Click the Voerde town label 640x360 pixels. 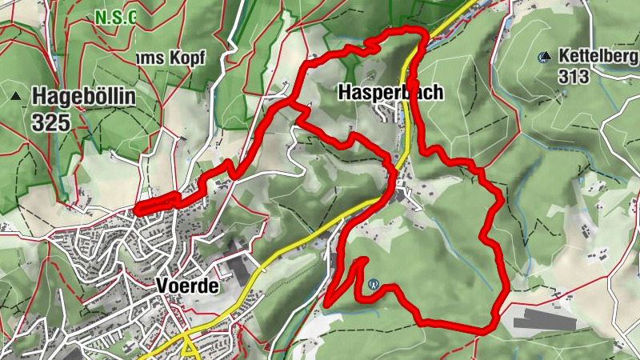(188, 285)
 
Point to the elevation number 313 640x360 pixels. (575, 77)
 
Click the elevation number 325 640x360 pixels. (51, 122)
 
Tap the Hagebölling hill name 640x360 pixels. (84, 98)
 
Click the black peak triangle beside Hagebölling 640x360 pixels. (16, 96)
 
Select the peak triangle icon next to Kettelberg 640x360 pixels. (546, 56)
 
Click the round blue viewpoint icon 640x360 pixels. (373, 283)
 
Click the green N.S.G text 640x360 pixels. (115, 16)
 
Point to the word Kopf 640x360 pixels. (187, 58)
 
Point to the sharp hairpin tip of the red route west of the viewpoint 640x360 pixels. (327, 303)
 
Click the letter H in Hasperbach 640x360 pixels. (346, 93)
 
